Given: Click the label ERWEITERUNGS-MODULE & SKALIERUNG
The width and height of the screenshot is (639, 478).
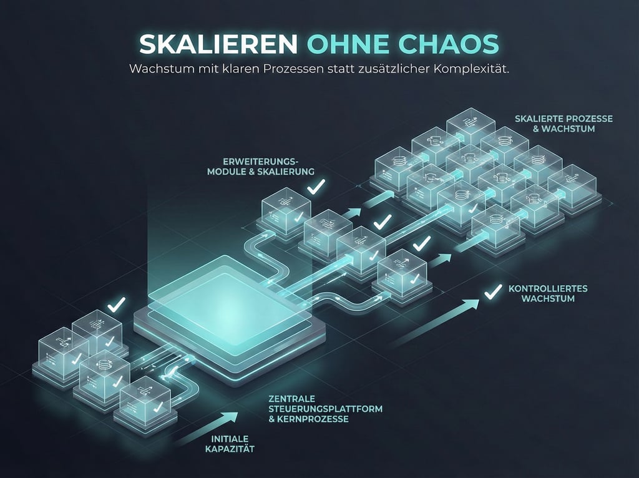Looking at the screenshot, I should pyautogui.click(x=260, y=165).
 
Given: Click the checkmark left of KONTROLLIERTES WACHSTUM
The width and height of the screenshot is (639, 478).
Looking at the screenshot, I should pyautogui.click(x=494, y=290).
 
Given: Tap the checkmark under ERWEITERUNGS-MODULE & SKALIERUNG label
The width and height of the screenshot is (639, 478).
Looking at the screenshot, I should pyautogui.click(x=316, y=185).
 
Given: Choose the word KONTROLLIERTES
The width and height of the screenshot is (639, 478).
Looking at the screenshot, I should pyautogui.click(x=548, y=289).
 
